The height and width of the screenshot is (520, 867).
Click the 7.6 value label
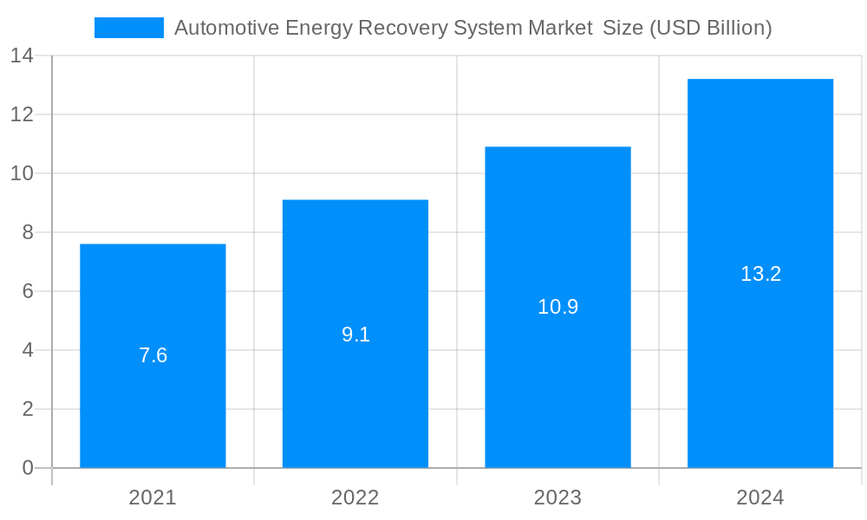click(x=153, y=355)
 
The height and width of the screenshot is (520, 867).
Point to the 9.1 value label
click(x=355, y=335)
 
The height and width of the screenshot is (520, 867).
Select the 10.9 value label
click(x=557, y=307)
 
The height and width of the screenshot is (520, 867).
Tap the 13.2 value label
click(x=760, y=274)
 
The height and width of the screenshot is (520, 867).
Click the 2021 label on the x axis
click(x=153, y=497)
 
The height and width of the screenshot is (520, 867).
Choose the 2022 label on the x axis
click(x=355, y=497)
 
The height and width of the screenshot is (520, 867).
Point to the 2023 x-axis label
click(x=557, y=497)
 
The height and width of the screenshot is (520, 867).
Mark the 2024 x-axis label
click(x=760, y=497)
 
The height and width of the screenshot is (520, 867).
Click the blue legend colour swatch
click(x=128, y=28)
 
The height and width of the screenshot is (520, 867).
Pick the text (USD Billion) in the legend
click(x=710, y=28)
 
